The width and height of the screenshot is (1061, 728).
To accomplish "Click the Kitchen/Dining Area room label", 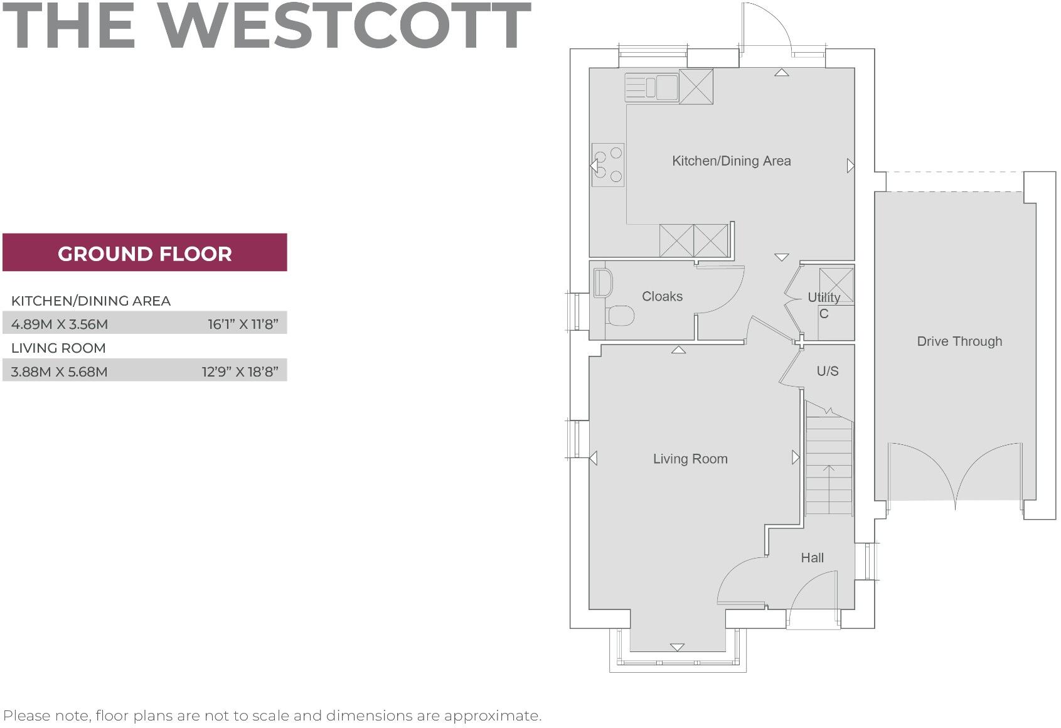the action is (x=732, y=161).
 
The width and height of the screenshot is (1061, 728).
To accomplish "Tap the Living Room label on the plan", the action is (x=690, y=459).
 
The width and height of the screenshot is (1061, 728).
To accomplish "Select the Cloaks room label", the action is (x=662, y=296).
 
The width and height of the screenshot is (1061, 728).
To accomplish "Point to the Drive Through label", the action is (x=959, y=341).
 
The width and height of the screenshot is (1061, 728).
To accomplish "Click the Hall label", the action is (x=813, y=557).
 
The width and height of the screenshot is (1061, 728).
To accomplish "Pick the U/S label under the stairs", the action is (x=828, y=371).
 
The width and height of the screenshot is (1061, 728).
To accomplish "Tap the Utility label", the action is (x=824, y=297).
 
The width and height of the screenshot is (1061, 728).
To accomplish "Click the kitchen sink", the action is (x=651, y=88).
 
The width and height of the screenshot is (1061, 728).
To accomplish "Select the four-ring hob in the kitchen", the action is (x=608, y=165).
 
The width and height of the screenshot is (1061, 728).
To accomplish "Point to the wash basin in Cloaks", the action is (x=602, y=283).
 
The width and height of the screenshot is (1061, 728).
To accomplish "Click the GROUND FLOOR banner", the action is (x=145, y=252).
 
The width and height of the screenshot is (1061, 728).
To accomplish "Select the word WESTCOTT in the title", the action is (x=344, y=26).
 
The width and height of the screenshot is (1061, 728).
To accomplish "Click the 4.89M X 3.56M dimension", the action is (x=60, y=324).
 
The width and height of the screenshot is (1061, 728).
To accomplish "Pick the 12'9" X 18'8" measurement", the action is (x=240, y=372).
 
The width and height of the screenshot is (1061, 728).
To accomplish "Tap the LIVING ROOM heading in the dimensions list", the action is (x=58, y=348).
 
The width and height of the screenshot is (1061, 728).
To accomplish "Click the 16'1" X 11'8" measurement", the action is (x=243, y=324).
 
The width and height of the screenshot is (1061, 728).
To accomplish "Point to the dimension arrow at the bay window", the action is (x=678, y=647).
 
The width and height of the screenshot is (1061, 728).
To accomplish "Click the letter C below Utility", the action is (x=824, y=314).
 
